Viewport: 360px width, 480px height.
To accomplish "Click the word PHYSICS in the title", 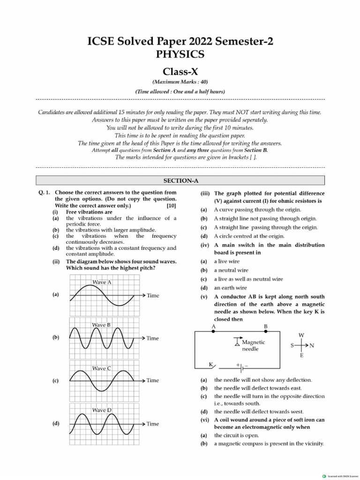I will [x=180, y=54].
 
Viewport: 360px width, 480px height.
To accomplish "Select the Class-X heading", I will [x=180, y=72].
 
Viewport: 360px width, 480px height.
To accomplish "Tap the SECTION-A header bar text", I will [x=180, y=180].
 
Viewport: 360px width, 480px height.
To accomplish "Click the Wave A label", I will [x=102, y=283].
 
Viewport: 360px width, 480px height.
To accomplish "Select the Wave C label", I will [x=102, y=368].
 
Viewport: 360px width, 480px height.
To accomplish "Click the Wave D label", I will [x=102, y=410].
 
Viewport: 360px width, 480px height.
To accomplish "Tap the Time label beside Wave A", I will [x=153, y=296].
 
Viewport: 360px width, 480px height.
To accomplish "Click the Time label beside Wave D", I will [x=153, y=424].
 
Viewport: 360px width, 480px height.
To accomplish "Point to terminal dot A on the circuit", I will [x=214, y=331].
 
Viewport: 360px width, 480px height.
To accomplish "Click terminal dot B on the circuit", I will [x=265, y=331].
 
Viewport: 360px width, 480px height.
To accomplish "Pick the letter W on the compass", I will [x=301, y=335].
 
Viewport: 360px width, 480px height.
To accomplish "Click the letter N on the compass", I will [x=312, y=345].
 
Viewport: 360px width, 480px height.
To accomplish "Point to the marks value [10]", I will [x=171, y=206].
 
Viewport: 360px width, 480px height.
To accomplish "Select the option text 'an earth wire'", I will [x=231, y=288].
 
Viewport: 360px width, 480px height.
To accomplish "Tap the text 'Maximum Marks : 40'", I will [x=180, y=82].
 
